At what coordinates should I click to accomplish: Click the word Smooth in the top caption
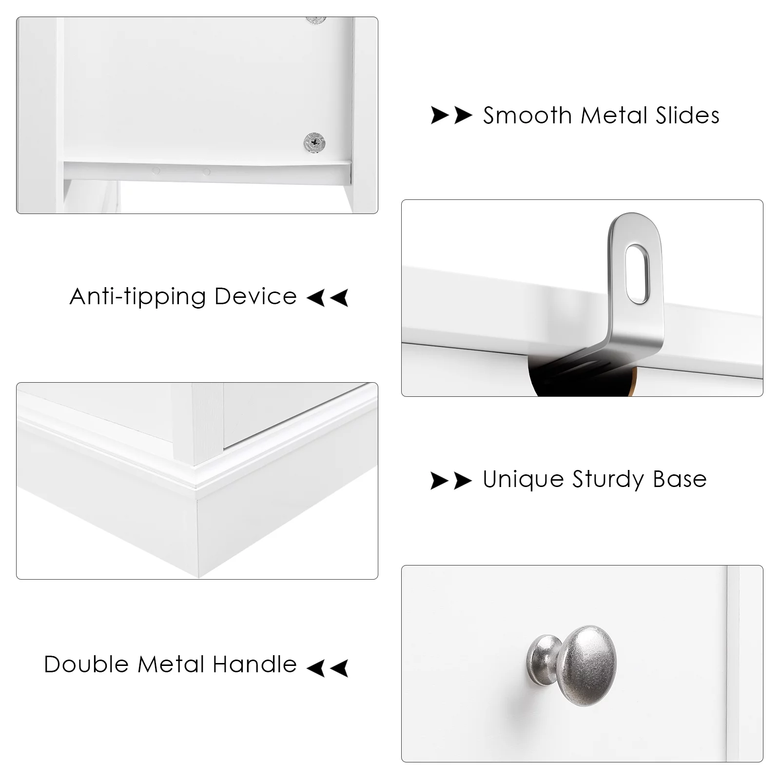point(527,116)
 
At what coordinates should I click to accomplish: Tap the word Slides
point(687,116)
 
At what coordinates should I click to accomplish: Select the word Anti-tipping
point(137,297)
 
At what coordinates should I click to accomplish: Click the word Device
point(255,296)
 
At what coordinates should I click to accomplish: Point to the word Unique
point(523,479)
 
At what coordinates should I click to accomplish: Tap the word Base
point(680,479)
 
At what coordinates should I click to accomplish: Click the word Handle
point(254,664)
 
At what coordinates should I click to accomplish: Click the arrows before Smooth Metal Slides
point(451,116)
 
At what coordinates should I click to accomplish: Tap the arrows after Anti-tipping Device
point(328,297)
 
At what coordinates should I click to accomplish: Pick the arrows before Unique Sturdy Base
point(451,480)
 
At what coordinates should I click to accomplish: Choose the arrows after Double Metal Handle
point(328,668)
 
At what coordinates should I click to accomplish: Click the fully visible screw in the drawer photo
point(314,142)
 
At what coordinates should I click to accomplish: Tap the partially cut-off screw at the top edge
point(316,20)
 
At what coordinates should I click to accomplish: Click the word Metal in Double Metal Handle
point(171,664)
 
